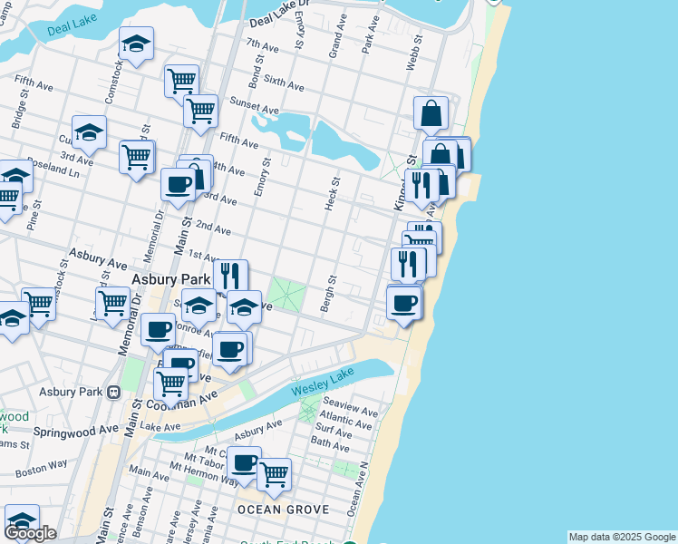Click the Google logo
click(30, 533)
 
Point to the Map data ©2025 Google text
click(621, 537)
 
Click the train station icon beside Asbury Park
click(113, 393)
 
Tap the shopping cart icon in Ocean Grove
click(274, 473)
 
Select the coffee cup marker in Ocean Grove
click(244, 463)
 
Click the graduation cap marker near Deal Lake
click(136, 44)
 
